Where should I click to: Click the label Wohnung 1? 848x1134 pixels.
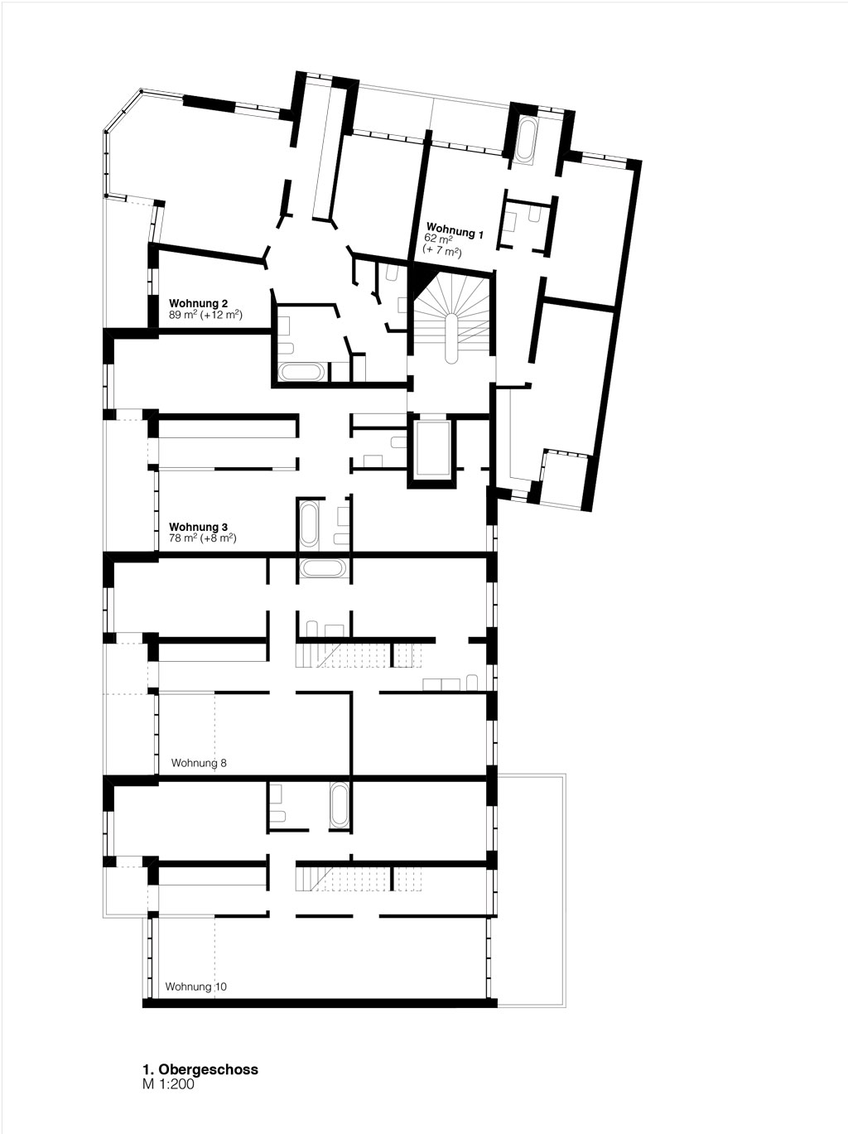455,230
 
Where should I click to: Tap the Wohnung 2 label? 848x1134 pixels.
198,303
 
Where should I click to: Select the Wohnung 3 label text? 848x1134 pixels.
198,527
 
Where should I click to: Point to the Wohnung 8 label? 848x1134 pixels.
199,763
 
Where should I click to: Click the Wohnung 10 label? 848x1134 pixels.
195,987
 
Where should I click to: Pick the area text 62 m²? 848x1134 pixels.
438,239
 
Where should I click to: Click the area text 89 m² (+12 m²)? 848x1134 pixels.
205,315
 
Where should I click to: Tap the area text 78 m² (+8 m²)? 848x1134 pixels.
202,538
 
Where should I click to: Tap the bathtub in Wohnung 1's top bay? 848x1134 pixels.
527,140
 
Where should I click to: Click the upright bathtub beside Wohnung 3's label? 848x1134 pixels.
309,524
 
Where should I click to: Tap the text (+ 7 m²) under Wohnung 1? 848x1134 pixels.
442,252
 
